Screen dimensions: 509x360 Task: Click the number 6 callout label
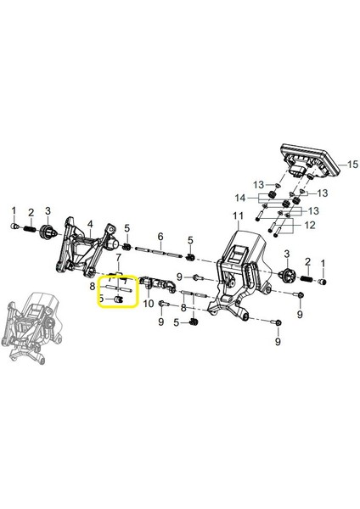(x=159, y=238)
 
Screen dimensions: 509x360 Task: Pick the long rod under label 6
(x=159, y=251)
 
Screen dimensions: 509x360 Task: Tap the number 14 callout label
(x=242, y=198)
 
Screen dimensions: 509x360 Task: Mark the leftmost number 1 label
(x=13, y=210)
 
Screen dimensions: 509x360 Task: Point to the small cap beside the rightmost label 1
(x=322, y=281)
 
